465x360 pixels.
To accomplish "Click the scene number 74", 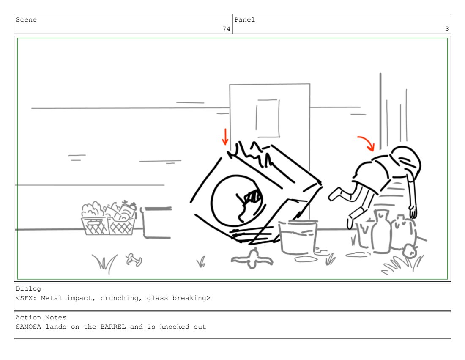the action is point(226,29).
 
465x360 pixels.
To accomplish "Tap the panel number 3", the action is point(447,29).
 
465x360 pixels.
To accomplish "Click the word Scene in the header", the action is point(26,19).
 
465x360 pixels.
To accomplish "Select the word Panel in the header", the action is point(245,19).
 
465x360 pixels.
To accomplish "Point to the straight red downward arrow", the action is point(225,137).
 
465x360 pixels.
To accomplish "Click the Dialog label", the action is point(28,289).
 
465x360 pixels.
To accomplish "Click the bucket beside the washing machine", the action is point(298,237).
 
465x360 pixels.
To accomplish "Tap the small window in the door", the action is point(268,118).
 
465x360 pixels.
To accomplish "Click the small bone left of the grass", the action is point(134,260).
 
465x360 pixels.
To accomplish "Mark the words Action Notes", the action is point(41,317).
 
